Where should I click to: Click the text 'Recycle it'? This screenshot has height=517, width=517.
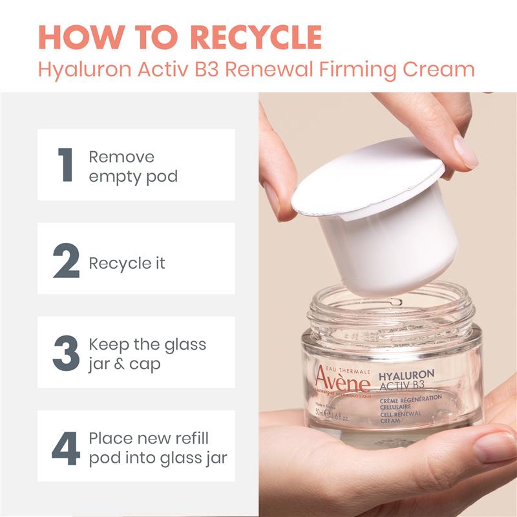(127, 263)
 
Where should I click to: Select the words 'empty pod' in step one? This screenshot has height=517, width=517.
(132, 176)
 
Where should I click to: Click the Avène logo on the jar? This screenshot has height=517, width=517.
(343, 381)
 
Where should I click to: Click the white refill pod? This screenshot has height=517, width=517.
(381, 220)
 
